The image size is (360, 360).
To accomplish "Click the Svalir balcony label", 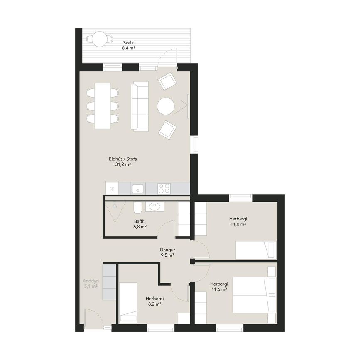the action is pyautogui.click(x=128, y=43).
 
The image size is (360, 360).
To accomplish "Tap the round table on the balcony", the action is pyautogui.click(x=100, y=39).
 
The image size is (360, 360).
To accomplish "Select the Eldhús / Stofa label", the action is pyautogui.click(x=123, y=159).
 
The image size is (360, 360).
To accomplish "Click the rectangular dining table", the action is pyautogui.click(x=103, y=106).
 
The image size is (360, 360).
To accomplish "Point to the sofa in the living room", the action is pyautogui.click(x=140, y=106).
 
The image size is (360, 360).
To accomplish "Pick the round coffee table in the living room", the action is pyautogui.click(x=166, y=106).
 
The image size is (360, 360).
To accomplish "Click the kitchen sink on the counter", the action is pyautogui.click(x=138, y=189).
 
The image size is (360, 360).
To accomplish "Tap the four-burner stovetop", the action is pyautogui.click(x=164, y=189).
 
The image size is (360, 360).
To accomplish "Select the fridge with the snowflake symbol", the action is pyautogui.click(x=112, y=189).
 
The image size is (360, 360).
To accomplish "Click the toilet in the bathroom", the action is pyautogui.click(x=138, y=207).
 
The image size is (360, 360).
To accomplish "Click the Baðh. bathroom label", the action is pyautogui.click(x=140, y=222).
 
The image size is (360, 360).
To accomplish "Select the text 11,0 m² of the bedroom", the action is pyautogui.click(x=238, y=224).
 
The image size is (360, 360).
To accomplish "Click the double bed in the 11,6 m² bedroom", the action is pyautogui.click(x=254, y=295).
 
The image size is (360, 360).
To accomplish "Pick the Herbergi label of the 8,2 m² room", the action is pyautogui.click(x=154, y=299).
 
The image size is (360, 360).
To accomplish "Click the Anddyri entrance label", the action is pyautogui.click(x=91, y=281).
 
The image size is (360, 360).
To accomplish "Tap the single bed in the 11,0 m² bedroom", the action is pyautogui.click(x=256, y=250).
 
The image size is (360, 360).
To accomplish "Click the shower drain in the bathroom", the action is pyautogui.click(x=114, y=206).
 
